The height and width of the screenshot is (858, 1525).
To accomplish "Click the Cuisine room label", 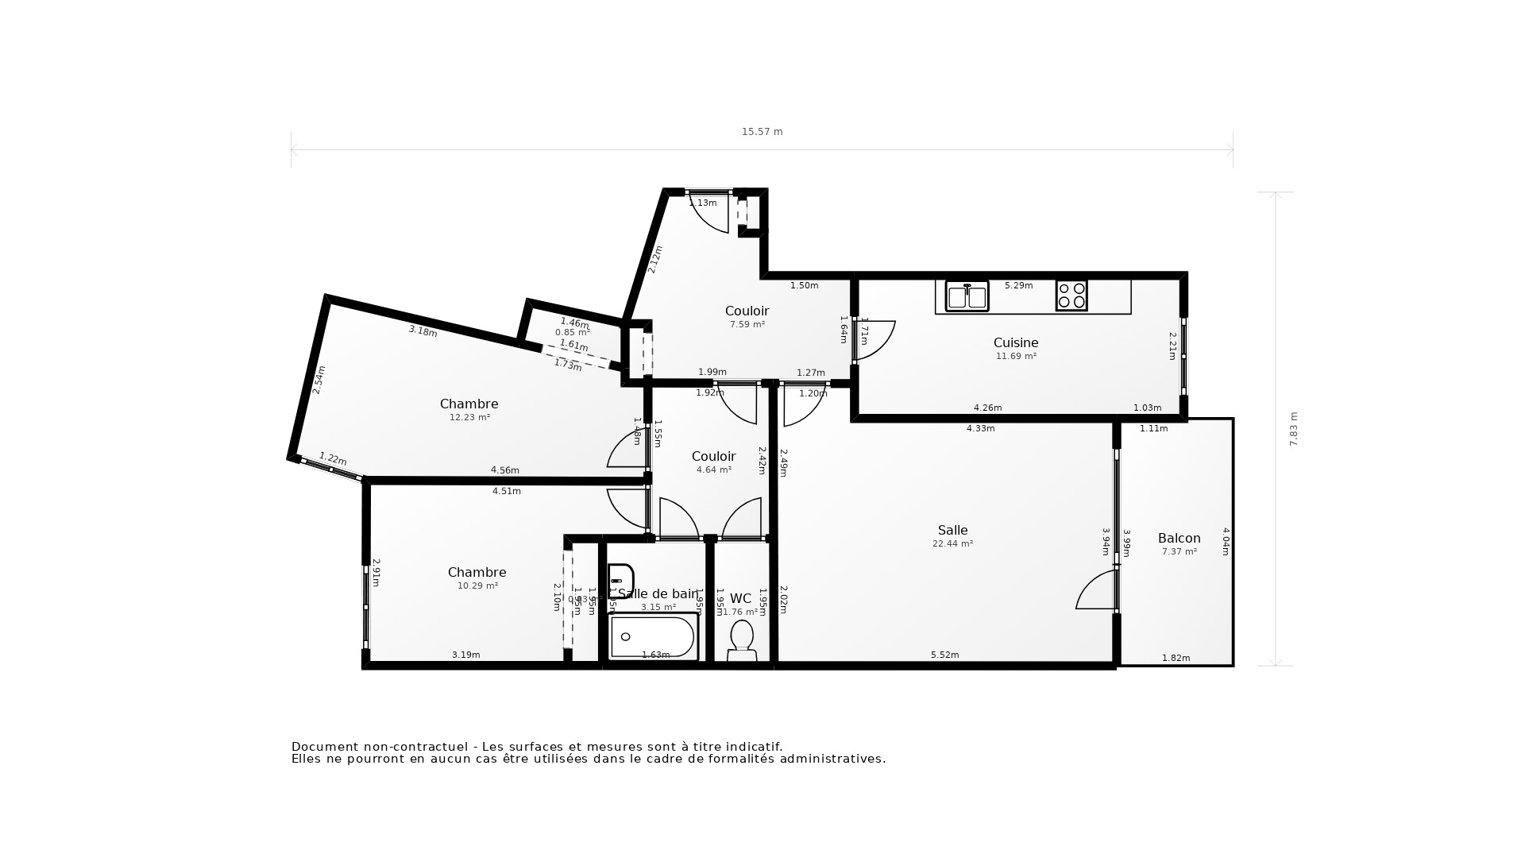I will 1015,343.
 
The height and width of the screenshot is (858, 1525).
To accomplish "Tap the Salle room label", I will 952,531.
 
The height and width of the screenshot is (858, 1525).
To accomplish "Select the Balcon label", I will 1179,539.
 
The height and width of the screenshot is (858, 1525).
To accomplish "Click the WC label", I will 740,599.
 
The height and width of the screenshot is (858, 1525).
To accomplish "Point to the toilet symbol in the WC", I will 742,640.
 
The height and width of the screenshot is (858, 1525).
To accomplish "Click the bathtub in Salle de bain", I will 653,637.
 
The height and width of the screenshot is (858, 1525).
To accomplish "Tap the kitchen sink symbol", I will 967,296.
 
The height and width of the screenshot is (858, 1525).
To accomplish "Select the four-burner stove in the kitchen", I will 1071,296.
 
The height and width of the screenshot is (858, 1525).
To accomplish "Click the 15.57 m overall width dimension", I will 762,132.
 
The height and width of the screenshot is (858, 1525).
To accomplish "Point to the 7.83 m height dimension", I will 1293,429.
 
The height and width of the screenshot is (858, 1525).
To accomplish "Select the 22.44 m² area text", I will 952,544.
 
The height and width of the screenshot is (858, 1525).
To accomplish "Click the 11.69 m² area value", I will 1016,357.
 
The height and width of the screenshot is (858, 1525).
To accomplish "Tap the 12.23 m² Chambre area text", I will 469,417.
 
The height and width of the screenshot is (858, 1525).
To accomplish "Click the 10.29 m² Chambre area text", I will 477,586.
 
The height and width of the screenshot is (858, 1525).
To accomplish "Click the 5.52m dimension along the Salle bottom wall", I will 944,655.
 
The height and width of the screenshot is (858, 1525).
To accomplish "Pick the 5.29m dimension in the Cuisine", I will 1018,285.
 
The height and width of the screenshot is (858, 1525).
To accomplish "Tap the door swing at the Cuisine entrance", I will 875,340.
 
